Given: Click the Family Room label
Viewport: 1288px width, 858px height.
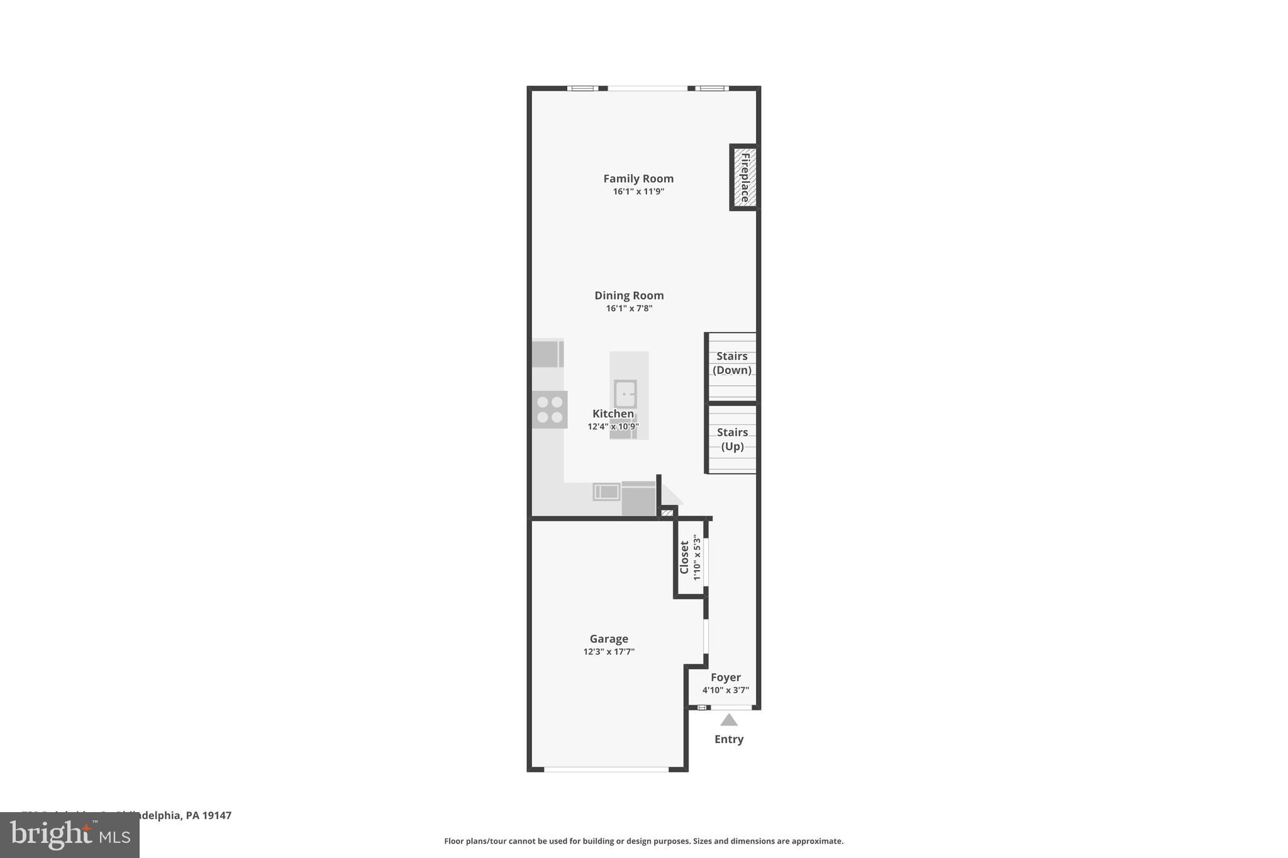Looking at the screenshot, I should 638,179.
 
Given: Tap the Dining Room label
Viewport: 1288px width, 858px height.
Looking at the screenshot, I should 629,295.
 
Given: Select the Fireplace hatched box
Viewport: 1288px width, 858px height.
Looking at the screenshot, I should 745,177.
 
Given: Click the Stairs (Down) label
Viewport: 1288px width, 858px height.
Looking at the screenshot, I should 732,363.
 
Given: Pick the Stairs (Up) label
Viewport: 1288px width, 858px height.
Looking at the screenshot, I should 732,439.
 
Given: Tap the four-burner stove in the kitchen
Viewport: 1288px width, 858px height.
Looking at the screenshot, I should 550,409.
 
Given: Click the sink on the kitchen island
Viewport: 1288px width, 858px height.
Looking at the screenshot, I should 625,394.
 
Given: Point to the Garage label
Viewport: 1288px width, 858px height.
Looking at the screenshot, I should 609,639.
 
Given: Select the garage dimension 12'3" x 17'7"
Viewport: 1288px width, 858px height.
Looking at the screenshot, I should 609,652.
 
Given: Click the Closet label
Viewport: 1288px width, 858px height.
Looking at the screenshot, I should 684,558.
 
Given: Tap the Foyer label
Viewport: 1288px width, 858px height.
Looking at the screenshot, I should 726,677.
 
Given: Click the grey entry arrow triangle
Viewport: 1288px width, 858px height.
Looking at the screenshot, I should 729,720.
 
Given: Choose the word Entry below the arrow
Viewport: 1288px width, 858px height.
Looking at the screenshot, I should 729,739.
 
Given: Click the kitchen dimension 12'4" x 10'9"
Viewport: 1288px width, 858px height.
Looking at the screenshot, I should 613,427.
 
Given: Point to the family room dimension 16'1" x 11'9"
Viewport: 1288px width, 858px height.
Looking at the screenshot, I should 638,192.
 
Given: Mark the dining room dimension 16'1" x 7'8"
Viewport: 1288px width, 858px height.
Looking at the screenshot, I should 629,309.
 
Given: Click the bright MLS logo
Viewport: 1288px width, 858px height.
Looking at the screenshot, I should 70,835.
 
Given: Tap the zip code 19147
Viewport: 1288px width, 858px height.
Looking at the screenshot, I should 216,815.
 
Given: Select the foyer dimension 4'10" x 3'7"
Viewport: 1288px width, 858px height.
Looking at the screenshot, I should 726,690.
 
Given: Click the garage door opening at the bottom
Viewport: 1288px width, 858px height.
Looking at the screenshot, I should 606,769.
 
